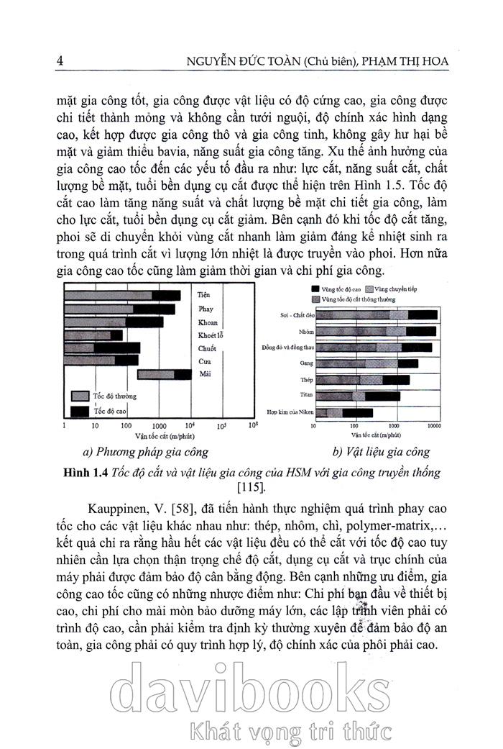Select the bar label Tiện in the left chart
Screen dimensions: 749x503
click(x=203, y=295)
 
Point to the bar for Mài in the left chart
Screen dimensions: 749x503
click(x=165, y=374)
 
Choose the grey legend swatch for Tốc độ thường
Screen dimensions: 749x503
click(x=78, y=396)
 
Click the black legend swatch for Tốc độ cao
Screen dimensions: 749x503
click(x=78, y=410)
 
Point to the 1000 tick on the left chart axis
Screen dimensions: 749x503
click(x=159, y=426)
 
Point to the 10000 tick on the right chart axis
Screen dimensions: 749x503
click(x=433, y=426)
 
